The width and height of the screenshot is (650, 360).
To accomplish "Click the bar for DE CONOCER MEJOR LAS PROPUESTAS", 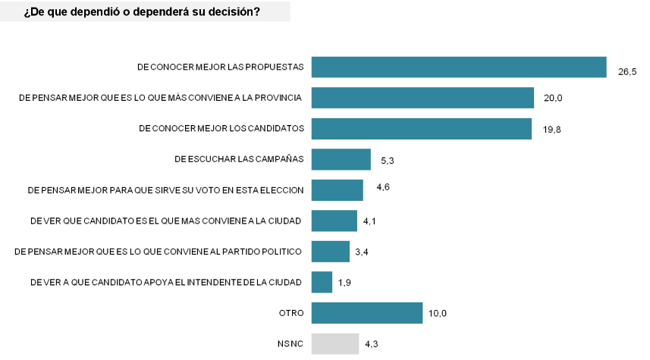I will click(459, 67).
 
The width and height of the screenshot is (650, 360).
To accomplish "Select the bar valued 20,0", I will click(423, 98).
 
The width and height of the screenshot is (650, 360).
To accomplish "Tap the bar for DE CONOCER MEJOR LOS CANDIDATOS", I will click(422, 129).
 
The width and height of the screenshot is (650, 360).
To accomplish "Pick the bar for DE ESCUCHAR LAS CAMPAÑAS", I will click(341, 159).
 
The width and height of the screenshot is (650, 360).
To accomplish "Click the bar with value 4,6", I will click(338, 190).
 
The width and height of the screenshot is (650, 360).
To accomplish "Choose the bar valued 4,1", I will click(334, 221).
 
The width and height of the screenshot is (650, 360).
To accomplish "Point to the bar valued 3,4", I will click(331, 252).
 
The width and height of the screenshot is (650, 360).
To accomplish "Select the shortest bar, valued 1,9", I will click(322, 282).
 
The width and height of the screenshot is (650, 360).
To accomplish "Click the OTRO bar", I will click(367, 313).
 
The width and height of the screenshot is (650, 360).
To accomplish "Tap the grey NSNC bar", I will click(335, 343).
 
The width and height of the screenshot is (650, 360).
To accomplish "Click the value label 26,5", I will click(626, 72).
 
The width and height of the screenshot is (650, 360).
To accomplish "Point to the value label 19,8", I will click(552, 130).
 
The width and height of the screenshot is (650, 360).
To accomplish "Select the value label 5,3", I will click(388, 161).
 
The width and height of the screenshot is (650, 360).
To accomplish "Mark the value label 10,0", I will click(438, 314).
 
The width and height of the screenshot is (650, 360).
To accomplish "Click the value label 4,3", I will click(372, 344).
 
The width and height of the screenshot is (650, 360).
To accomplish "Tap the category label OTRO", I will click(291, 313).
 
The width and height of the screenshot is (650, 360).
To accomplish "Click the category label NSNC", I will click(290, 344).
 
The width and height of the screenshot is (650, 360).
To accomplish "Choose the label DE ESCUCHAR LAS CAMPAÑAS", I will click(239, 159).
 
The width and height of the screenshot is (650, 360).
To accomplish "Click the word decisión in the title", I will click(234, 11).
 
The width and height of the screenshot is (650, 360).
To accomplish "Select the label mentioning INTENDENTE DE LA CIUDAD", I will click(166, 283).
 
